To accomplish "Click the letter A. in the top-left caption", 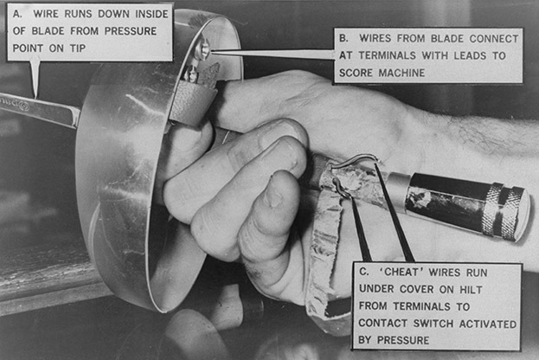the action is click(16, 14).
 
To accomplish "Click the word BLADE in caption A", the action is click(48, 31).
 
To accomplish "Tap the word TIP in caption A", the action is click(78, 48).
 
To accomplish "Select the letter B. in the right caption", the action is click(343, 38).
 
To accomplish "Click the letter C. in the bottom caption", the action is click(364, 272).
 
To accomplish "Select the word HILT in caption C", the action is click(471, 290).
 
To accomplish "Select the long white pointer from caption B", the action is click(273, 54).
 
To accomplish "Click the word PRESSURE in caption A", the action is click(131, 31).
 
